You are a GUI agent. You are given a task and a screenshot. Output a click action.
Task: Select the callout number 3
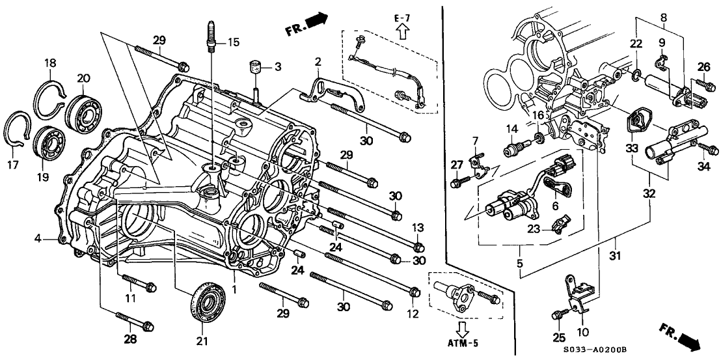pos(277,66)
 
